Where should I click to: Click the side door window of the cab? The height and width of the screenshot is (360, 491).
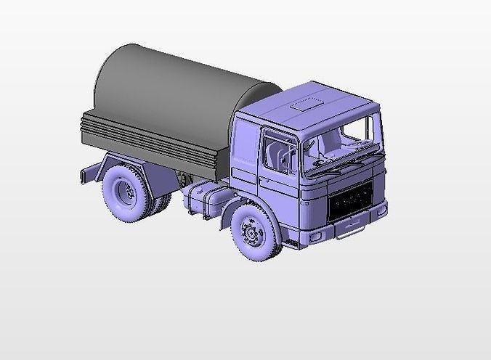[278, 151]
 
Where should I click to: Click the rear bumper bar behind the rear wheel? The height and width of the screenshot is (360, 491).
[86, 175]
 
